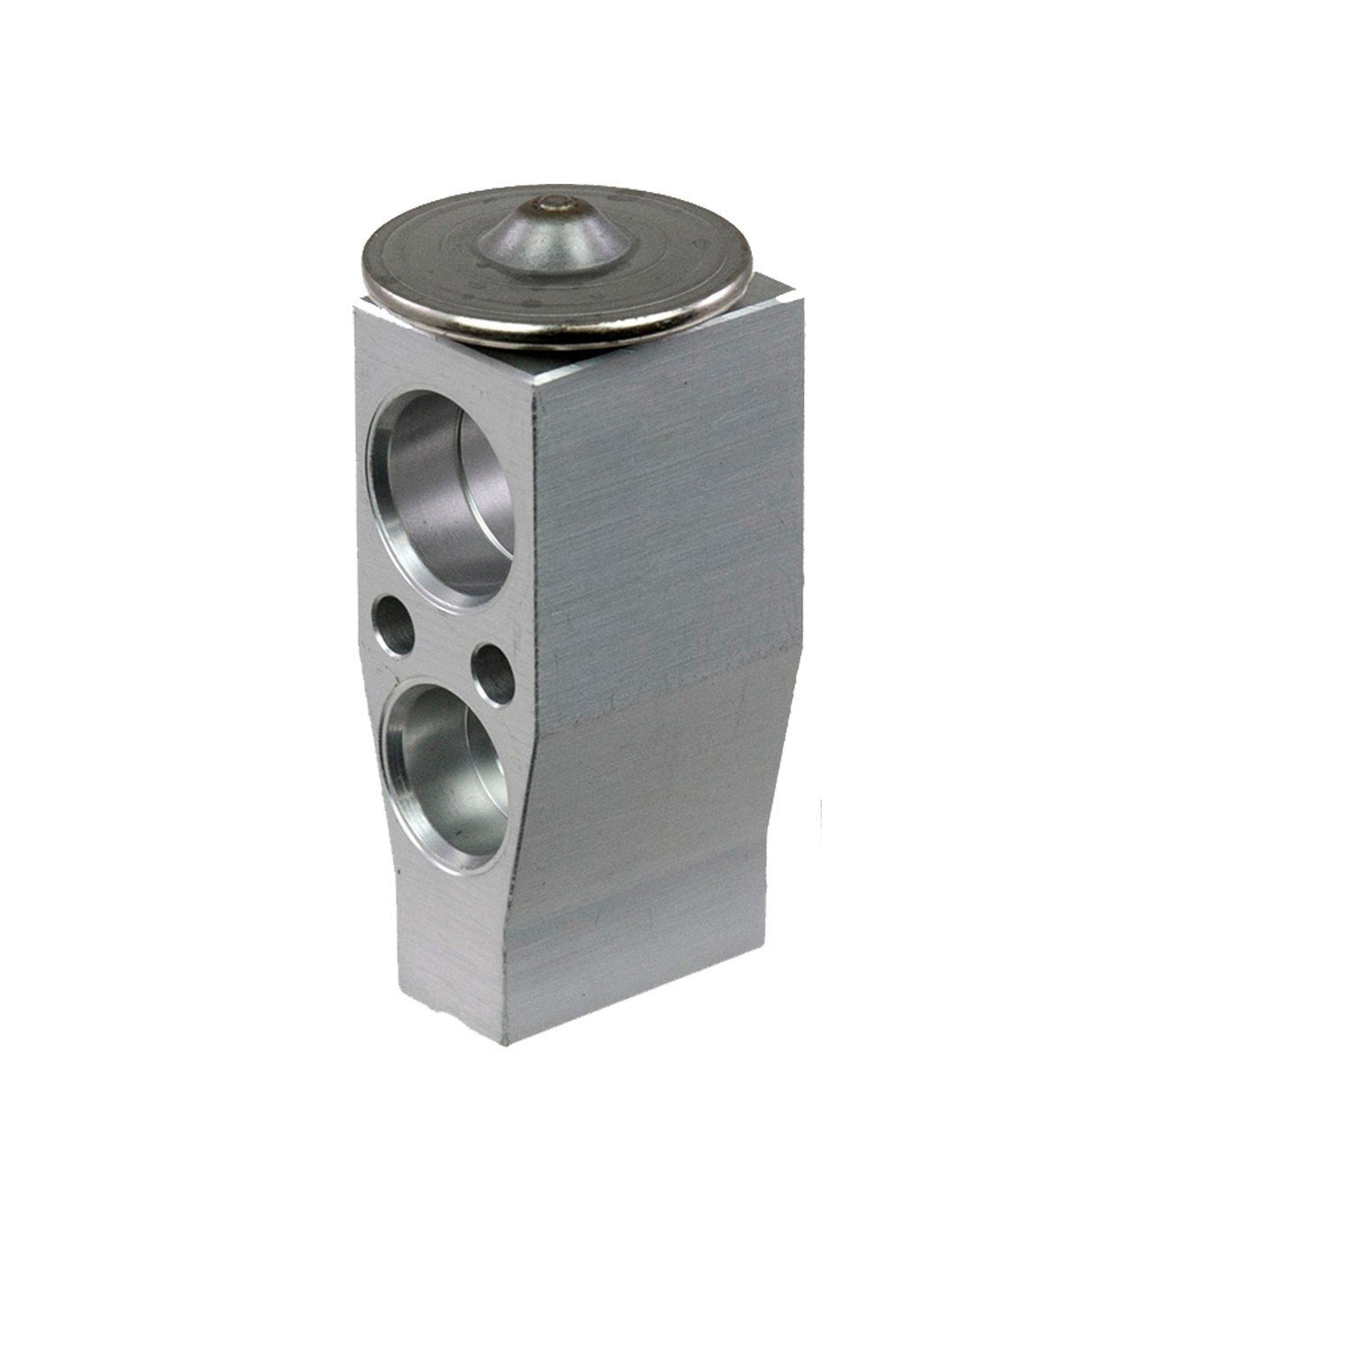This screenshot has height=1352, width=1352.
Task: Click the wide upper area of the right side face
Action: [667, 505]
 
